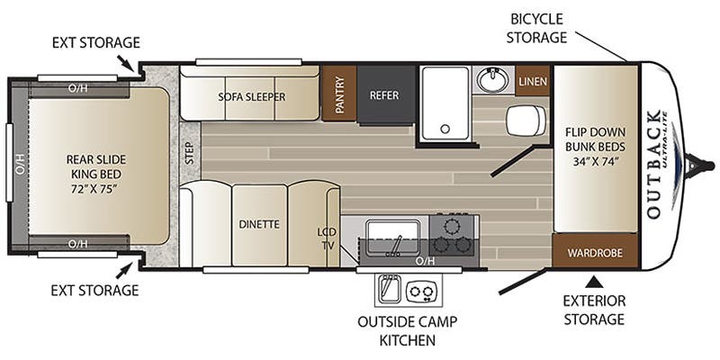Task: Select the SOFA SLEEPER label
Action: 251,96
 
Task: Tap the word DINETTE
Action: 259,223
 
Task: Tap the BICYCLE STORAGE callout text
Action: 537,28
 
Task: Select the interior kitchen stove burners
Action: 453,232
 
